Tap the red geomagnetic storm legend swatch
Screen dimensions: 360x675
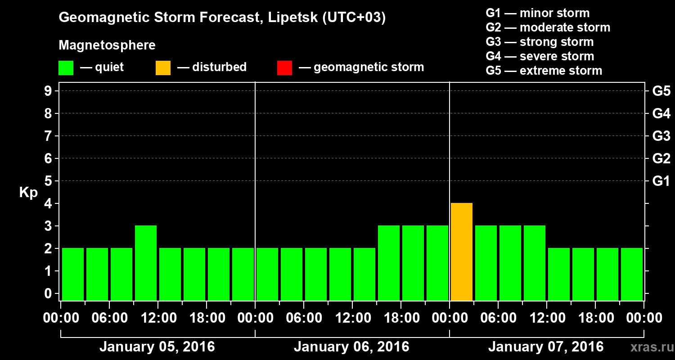point(284,68)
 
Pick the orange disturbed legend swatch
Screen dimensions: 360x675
point(163,68)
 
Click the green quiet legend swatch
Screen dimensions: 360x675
point(66,68)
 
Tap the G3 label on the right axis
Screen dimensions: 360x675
point(661,136)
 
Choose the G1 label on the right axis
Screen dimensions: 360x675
point(661,181)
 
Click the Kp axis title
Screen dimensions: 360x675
point(28,193)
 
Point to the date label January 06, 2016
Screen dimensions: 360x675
point(351,347)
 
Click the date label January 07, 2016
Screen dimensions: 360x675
point(546,347)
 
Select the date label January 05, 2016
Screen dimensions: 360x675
point(157,347)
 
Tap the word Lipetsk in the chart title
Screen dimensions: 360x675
point(290,18)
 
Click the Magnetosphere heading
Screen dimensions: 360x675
point(107,45)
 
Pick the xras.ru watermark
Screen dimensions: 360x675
point(648,347)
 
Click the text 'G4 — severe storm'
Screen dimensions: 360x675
point(540,56)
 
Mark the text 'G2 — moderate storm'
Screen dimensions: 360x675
point(548,27)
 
